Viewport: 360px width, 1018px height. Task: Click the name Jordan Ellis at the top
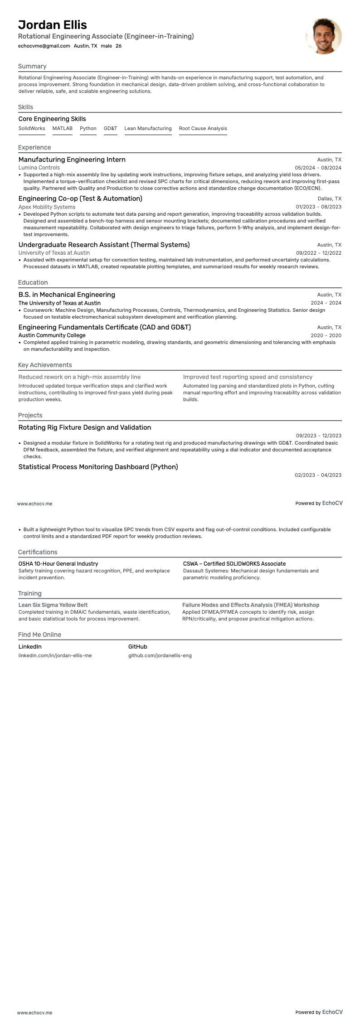(53, 25)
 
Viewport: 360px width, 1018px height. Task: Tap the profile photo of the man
(323, 36)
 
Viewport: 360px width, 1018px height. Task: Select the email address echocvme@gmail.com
(44, 46)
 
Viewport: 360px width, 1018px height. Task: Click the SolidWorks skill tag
(32, 128)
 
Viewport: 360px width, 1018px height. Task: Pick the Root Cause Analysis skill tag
(203, 128)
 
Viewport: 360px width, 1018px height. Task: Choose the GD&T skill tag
(110, 128)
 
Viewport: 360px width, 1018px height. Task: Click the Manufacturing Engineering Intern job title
(72, 160)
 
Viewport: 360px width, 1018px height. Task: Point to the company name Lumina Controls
(39, 168)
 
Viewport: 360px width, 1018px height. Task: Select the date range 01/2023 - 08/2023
(318, 207)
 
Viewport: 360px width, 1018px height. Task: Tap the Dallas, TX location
(329, 199)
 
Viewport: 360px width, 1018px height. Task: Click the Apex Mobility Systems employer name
(47, 207)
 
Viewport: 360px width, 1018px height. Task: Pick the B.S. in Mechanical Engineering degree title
(67, 295)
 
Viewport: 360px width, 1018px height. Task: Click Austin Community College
(52, 335)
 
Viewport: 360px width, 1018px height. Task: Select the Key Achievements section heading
(45, 365)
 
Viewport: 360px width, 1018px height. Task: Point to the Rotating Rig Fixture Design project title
(84, 427)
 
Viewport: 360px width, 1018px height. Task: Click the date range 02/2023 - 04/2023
(318, 475)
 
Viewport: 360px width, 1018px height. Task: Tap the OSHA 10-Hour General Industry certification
(58, 564)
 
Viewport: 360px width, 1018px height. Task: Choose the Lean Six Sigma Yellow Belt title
(53, 605)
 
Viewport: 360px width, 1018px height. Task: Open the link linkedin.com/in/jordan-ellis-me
(55, 655)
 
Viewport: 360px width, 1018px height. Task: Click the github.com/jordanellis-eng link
(160, 655)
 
